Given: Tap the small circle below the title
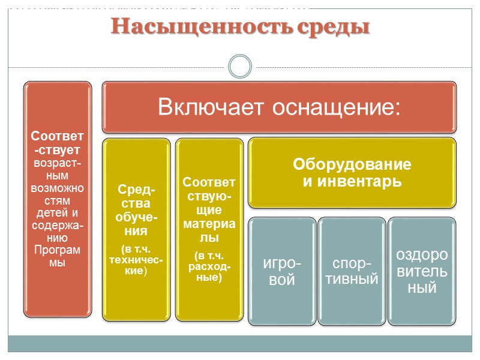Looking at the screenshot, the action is tap(240, 67).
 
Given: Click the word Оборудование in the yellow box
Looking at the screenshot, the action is tap(352, 164).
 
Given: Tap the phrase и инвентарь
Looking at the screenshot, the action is tap(352, 181).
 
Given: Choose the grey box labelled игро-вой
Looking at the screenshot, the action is tap(282, 272).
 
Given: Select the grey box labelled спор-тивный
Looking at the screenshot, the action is tap(352, 272).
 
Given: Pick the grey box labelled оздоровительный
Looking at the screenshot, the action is tap(421, 271).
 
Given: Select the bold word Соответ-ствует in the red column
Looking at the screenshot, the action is tap(57, 141).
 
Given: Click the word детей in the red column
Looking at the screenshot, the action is tap(51, 212).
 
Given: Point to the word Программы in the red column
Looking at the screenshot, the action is tap(57, 254).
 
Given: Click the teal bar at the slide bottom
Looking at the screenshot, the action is tap(240, 343).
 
